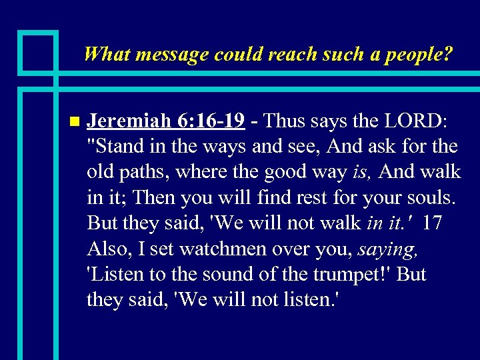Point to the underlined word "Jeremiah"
[x=129, y=121]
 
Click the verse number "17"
[x=431, y=222]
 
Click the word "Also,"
[x=109, y=248]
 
